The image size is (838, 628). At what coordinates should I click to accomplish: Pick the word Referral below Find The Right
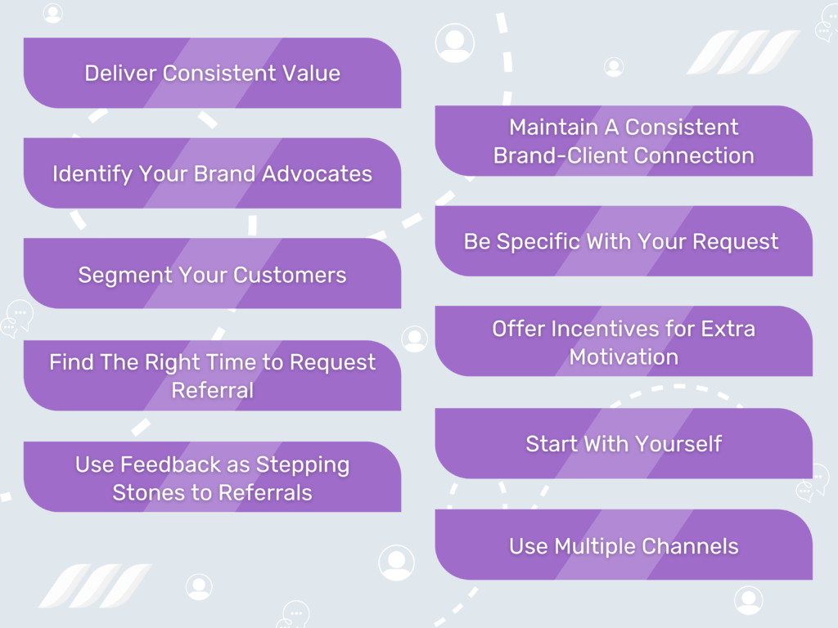[x=212, y=390]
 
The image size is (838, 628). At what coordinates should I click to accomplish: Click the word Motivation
[x=624, y=357]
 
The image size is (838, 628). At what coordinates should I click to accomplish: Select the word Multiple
[x=597, y=546]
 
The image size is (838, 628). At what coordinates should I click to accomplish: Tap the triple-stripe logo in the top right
[x=742, y=52]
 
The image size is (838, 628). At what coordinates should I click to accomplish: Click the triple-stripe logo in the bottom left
[x=95, y=585]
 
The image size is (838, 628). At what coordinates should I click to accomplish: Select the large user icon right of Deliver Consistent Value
[x=454, y=43]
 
